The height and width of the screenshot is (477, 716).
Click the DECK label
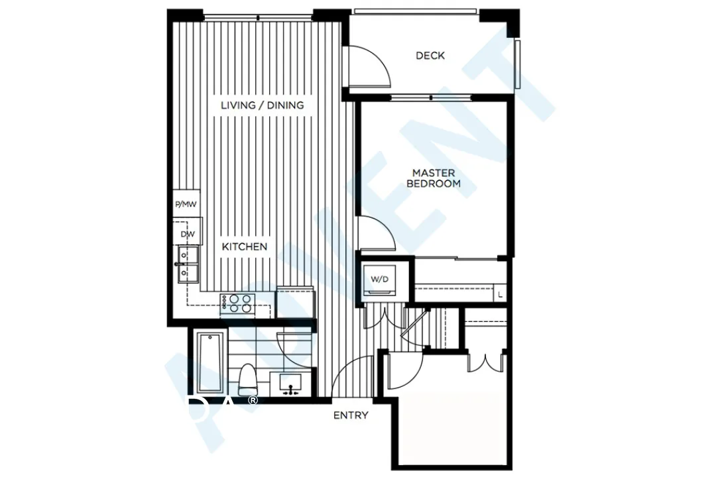[x=430, y=56]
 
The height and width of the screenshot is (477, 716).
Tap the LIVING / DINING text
[x=262, y=105]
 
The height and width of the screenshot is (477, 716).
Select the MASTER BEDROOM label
[x=434, y=178]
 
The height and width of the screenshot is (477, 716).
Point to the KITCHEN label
[x=244, y=246]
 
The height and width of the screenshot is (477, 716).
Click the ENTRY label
[x=351, y=415]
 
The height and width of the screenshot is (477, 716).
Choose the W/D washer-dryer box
[x=379, y=280]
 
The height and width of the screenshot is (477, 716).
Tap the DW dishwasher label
[x=187, y=234]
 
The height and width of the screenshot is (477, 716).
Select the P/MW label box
[x=186, y=205]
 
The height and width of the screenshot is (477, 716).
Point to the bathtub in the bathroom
[x=211, y=362]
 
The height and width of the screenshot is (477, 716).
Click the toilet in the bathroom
[x=249, y=378]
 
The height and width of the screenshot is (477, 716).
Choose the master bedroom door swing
[x=376, y=234]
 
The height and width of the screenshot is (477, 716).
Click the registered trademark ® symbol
[x=252, y=400]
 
